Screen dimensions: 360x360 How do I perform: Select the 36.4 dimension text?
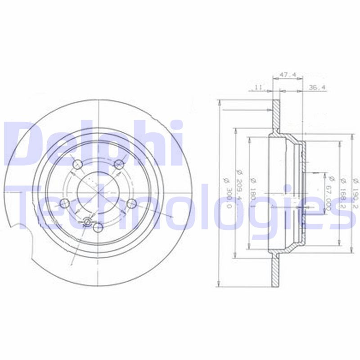[317, 87]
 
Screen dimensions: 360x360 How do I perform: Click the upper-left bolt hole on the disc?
[78, 164]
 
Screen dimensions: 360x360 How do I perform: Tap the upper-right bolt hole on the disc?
[119, 164]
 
